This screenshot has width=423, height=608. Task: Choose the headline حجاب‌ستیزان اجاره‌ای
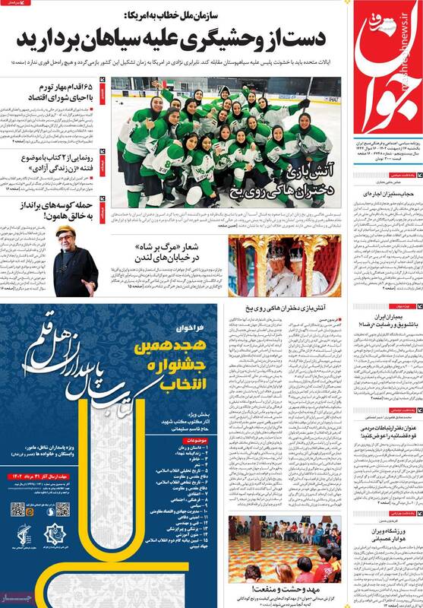384,196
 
